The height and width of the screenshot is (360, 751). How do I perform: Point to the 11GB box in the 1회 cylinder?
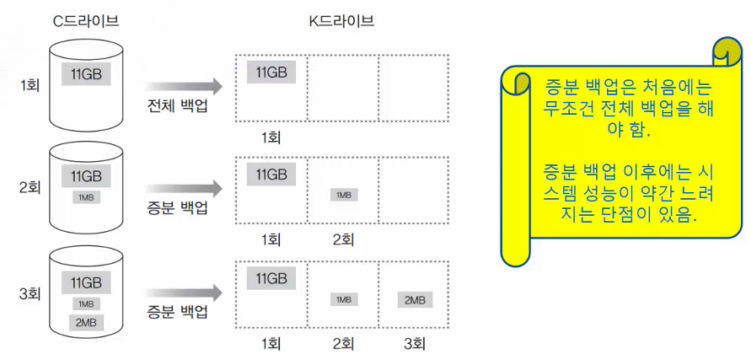pos(86,73)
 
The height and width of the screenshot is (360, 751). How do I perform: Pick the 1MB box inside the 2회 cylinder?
pos(85,196)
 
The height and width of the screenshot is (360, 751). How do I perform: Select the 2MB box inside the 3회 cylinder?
pos(85,322)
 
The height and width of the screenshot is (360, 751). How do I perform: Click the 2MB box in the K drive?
pos(414,299)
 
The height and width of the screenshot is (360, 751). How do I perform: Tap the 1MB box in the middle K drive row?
pos(343,195)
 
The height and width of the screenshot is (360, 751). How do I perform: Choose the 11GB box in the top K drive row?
pos(271,72)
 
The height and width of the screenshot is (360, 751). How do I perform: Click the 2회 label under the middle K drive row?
pos(342,239)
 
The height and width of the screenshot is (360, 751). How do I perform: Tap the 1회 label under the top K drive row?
pos(270,137)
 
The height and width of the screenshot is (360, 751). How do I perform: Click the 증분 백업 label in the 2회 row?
pos(178,208)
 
